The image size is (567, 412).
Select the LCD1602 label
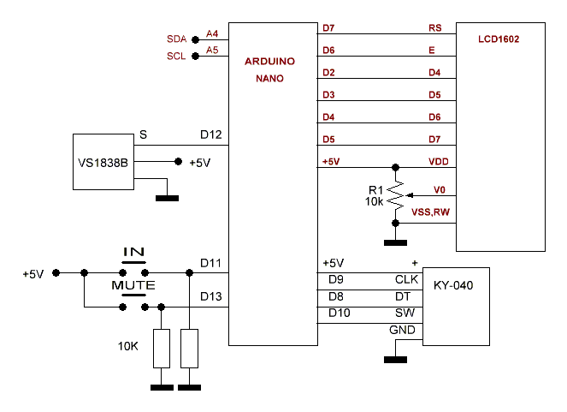click(x=499, y=39)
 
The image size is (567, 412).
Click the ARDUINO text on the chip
click(x=269, y=63)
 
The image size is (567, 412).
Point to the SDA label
click(x=176, y=39)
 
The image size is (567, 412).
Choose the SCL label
click(x=176, y=57)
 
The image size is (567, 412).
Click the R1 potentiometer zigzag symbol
click(x=395, y=195)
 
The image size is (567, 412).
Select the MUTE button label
click(x=133, y=284)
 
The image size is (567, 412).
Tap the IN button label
click(x=134, y=253)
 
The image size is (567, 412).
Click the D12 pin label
click(x=211, y=135)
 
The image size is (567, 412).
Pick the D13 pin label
click(x=211, y=296)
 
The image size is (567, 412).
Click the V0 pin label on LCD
click(x=439, y=189)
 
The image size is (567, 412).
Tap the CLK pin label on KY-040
click(x=405, y=279)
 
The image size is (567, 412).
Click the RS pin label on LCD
click(x=434, y=28)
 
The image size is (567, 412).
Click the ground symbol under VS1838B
click(x=168, y=199)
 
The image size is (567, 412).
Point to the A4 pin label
click(x=212, y=33)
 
